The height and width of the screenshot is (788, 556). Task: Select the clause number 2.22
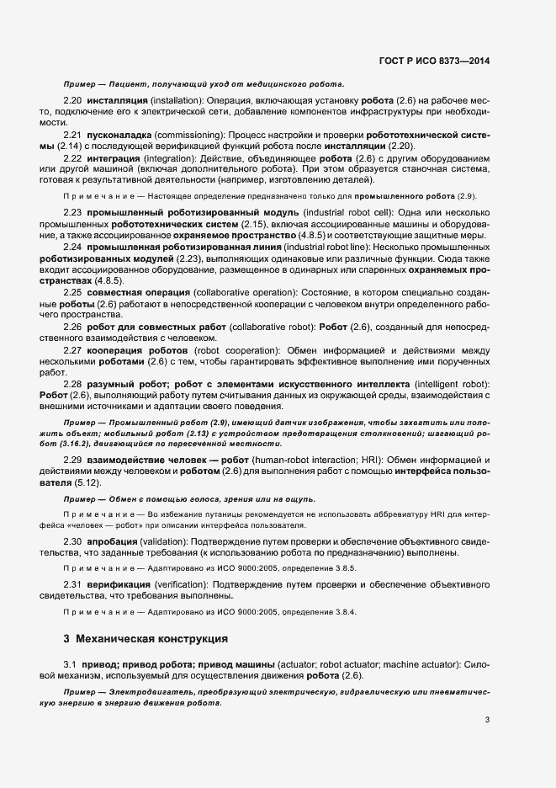[72, 157]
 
